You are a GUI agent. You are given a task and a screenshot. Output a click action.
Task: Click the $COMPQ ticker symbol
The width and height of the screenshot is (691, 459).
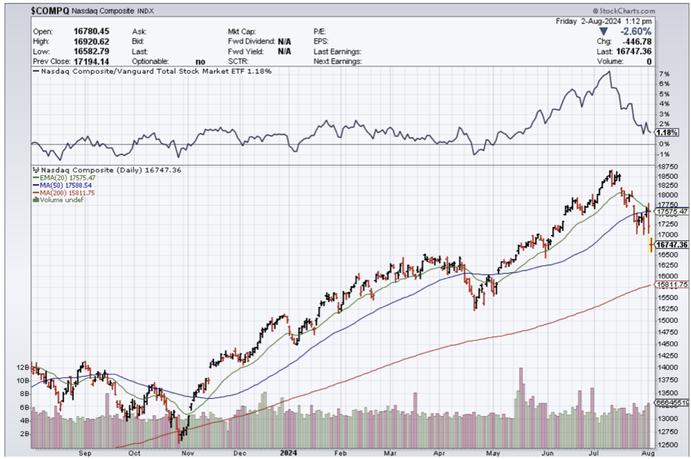(x=50, y=11)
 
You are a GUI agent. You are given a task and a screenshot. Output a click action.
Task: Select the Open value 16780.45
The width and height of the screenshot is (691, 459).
(x=90, y=32)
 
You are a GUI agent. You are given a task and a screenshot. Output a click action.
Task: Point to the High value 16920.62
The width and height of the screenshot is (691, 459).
(x=90, y=42)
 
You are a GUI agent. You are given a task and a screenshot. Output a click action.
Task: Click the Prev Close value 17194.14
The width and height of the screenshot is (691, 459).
(x=90, y=61)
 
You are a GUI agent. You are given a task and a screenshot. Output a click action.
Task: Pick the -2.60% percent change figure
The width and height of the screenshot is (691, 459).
(x=635, y=32)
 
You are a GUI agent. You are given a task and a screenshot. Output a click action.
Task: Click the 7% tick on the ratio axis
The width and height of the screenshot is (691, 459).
(x=664, y=75)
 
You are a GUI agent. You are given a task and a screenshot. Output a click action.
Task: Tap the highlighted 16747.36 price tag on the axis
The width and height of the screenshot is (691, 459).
(x=672, y=245)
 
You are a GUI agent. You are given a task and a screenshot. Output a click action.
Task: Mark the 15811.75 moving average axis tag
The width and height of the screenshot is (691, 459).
(x=672, y=285)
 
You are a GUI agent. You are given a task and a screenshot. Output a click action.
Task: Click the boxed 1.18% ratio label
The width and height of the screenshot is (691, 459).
(x=666, y=133)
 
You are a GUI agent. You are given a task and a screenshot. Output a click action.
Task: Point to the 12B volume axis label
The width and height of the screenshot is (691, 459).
(x=22, y=367)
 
